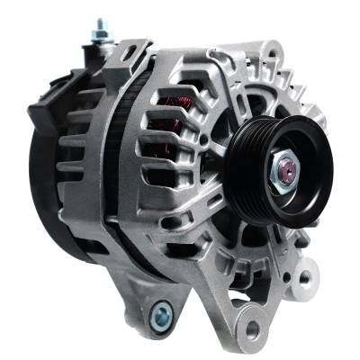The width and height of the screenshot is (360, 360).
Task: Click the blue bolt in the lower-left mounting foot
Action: [163, 314]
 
